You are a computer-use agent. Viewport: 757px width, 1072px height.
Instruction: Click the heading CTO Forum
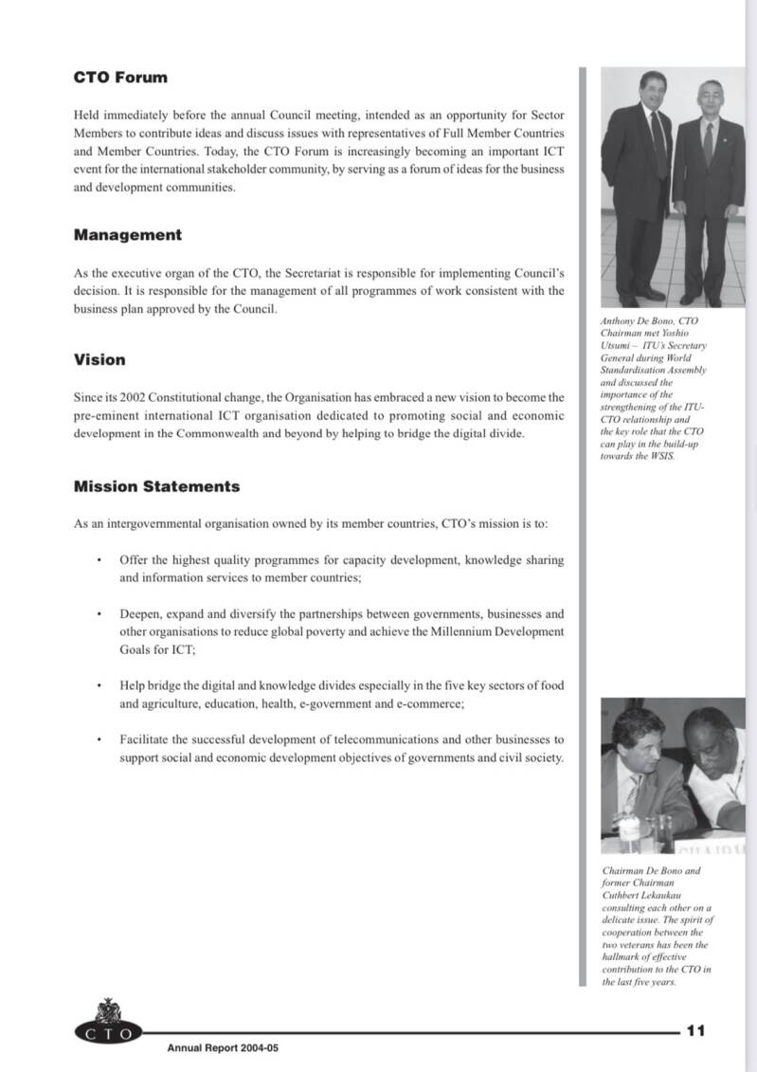(x=120, y=78)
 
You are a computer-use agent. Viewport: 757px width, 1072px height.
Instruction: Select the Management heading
(x=128, y=234)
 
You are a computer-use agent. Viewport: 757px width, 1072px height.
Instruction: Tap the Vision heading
(x=99, y=359)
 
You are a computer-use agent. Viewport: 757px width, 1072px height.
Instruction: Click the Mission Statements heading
(x=156, y=486)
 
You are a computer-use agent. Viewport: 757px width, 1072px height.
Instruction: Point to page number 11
(x=695, y=1030)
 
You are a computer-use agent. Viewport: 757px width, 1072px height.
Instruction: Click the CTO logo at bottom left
(x=107, y=1025)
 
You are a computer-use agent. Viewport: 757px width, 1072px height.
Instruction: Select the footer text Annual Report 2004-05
(x=223, y=1048)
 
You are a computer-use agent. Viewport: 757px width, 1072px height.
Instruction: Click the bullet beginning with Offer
(x=341, y=568)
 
